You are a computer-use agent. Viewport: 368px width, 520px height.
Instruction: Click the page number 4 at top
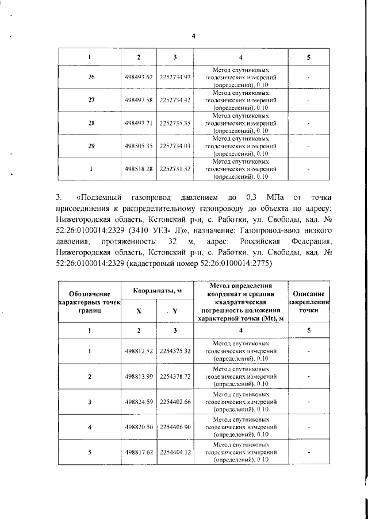[194, 36]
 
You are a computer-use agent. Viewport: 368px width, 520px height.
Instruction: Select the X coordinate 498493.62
[139, 77]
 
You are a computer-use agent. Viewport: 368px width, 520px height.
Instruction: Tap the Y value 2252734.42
[175, 100]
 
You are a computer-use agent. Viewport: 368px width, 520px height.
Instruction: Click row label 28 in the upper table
[91, 123]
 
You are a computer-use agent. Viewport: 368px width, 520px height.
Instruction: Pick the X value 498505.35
[139, 146]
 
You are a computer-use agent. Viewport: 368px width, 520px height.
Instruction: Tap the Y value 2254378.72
[175, 376]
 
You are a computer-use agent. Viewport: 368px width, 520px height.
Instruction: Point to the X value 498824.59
[139, 401]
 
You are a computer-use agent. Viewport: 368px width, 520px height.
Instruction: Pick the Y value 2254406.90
[175, 426]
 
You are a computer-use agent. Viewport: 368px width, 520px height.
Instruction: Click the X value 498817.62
[139, 452]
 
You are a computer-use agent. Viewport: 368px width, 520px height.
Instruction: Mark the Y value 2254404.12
[175, 452]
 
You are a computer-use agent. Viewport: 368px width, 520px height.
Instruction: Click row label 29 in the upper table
[91, 146]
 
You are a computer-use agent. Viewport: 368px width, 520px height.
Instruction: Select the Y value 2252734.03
[175, 146]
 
